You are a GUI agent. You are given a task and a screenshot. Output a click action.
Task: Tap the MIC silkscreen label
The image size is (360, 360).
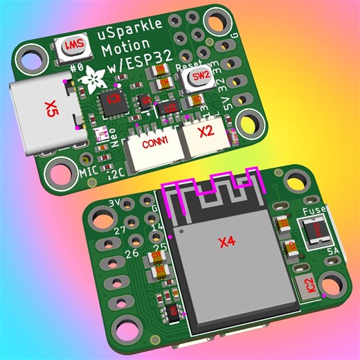tap(87, 170)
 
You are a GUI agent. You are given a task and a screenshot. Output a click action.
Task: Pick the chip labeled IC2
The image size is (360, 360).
tap(310, 283)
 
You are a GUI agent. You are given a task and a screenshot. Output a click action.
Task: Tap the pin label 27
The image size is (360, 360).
tap(119, 229)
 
